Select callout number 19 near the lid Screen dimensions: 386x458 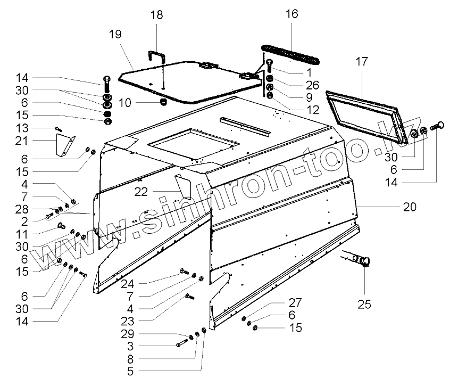point(115,34)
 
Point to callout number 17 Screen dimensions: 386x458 point(362,62)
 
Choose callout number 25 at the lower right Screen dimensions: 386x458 point(364,304)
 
